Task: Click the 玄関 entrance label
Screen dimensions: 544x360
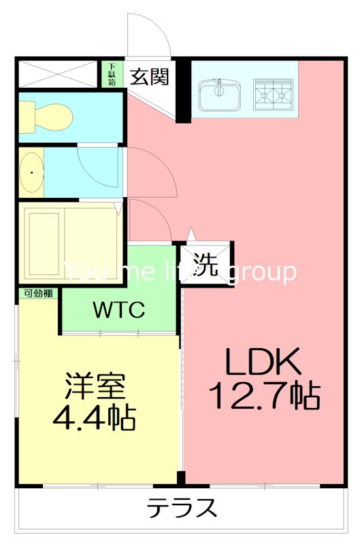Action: (x=149, y=76)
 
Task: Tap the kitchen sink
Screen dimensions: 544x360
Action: (x=220, y=93)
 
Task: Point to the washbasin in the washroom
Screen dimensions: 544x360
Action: (x=31, y=173)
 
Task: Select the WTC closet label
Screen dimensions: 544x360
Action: (x=118, y=310)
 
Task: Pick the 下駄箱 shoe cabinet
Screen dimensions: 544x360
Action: (x=111, y=74)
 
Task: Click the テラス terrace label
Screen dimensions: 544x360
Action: (x=182, y=508)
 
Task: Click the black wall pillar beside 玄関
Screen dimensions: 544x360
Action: (x=182, y=92)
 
